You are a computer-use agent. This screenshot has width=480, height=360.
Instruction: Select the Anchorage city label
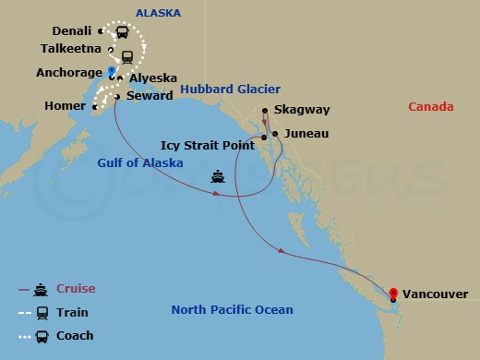(x=70, y=72)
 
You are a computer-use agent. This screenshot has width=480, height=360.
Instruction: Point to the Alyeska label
(x=152, y=79)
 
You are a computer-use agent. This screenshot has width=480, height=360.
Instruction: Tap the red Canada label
(x=431, y=107)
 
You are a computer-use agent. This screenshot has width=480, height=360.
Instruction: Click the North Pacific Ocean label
(x=232, y=310)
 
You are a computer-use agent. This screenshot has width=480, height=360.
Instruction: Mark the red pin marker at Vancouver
(x=393, y=294)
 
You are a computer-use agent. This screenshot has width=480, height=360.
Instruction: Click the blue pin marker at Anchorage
(x=111, y=71)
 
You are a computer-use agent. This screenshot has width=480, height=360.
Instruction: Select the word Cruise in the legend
(x=76, y=289)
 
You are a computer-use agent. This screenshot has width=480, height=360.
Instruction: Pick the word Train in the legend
(x=72, y=313)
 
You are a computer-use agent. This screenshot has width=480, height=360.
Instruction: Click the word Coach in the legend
(x=75, y=336)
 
